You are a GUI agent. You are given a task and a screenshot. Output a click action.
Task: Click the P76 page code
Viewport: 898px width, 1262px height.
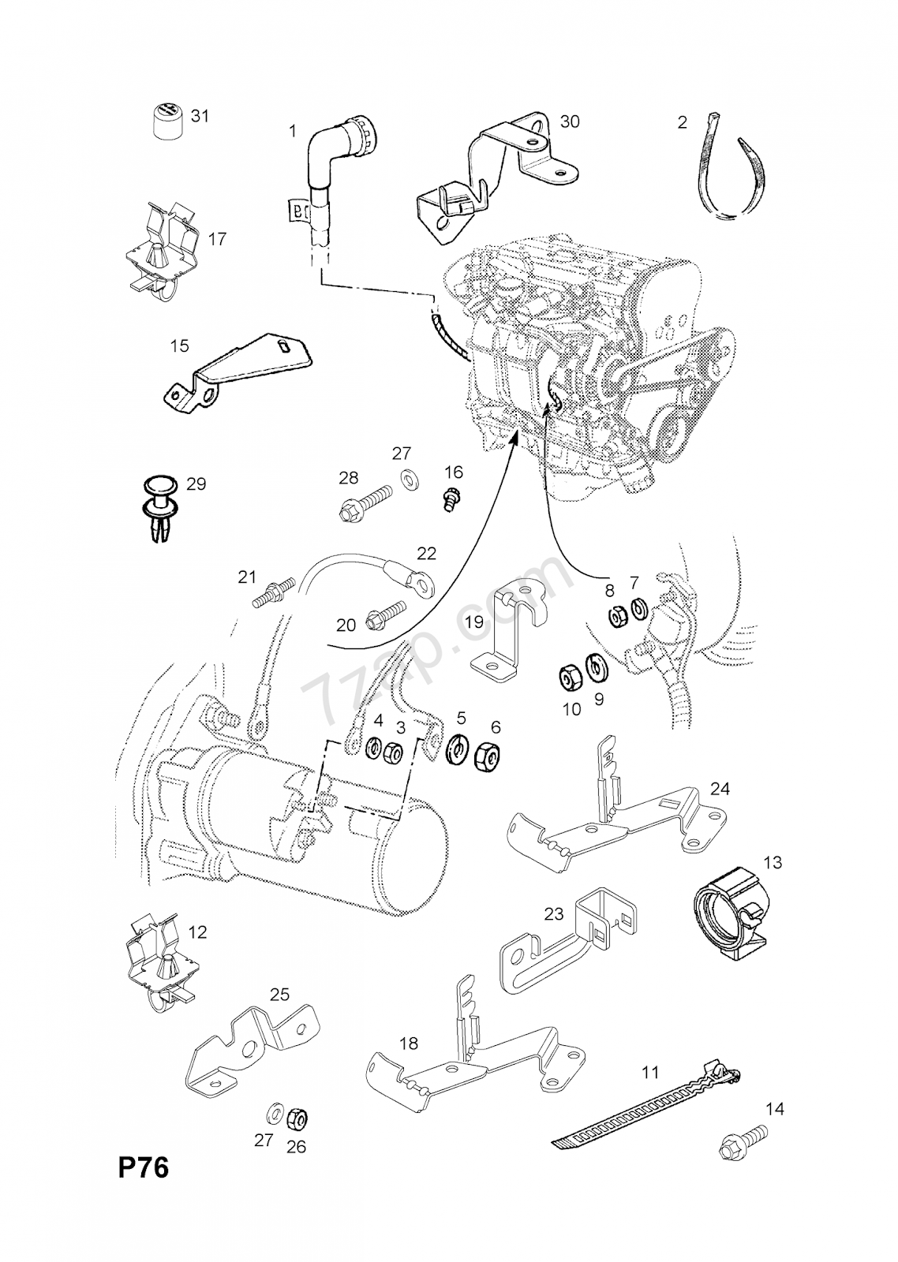pyautogui.click(x=144, y=1167)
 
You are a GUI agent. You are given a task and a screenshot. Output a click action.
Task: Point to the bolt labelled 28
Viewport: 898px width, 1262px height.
pyautogui.click(x=362, y=505)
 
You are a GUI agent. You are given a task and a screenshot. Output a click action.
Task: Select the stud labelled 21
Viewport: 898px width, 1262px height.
pyautogui.click(x=273, y=592)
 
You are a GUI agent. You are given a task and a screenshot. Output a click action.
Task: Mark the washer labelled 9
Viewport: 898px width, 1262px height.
pyautogui.click(x=597, y=667)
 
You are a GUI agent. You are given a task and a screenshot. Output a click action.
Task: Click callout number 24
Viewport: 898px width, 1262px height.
pyautogui.click(x=720, y=788)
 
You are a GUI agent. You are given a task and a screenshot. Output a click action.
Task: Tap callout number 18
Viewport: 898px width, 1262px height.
pyautogui.click(x=408, y=1044)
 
